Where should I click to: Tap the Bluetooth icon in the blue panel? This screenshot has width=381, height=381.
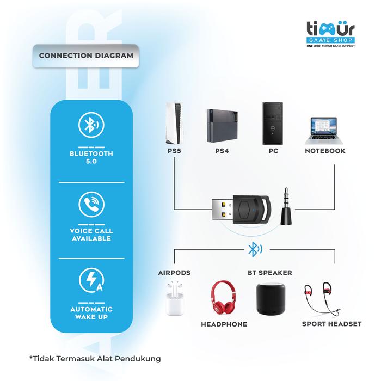pyautogui.click(x=90, y=126)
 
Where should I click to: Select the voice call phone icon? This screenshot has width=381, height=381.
pyautogui.click(x=90, y=205)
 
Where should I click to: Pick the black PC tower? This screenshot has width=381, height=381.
pyautogui.click(x=273, y=121)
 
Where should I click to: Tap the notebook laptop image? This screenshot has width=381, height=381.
pyautogui.click(x=324, y=127)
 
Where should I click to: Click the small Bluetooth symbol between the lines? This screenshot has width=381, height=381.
pyautogui.click(x=254, y=249)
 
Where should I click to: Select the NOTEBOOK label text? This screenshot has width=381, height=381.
pyautogui.click(x=325, y=151)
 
